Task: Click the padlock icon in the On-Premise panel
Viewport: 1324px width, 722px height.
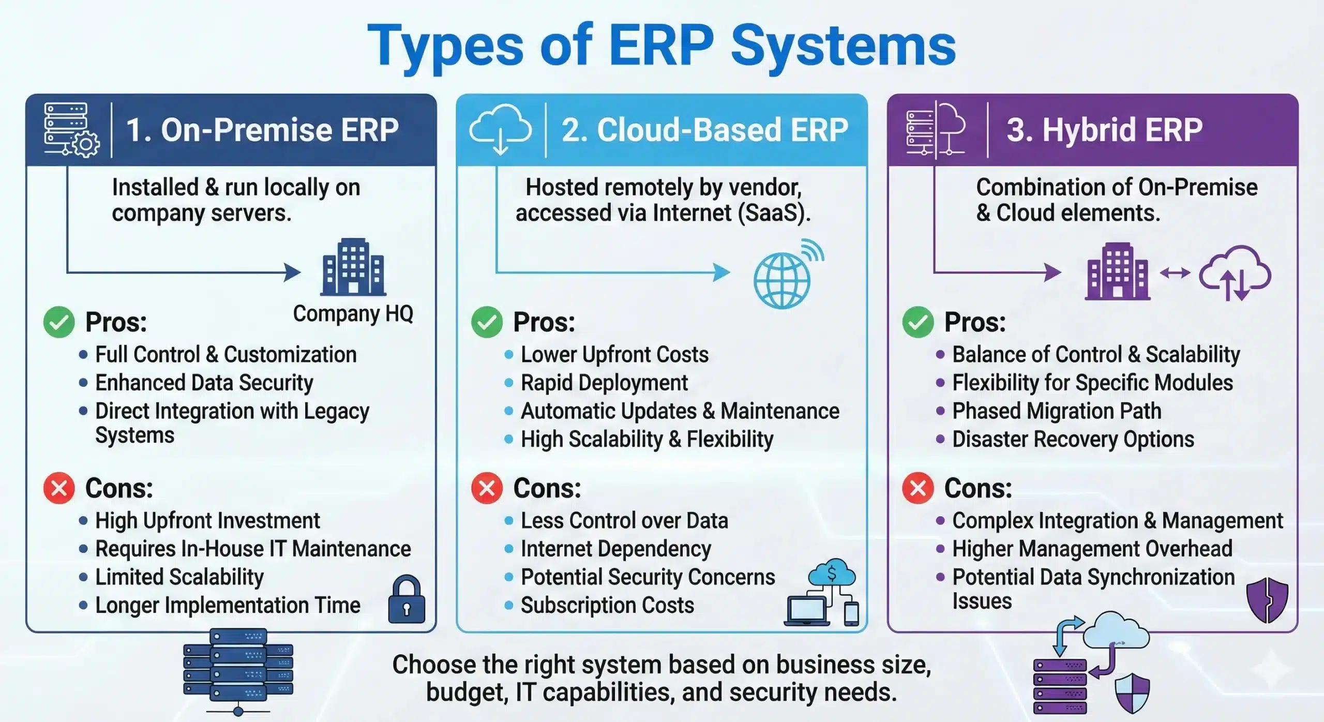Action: coord(407,600)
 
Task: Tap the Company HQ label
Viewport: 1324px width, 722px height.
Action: coord(353,313)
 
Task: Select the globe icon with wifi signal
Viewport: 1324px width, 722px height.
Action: coord(786,275)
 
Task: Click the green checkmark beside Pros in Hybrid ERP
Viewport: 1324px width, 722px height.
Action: coord(918,322)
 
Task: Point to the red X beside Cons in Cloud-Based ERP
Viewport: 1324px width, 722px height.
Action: coord(487,488)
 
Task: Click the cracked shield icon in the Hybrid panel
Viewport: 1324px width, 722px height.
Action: coord(1267,600)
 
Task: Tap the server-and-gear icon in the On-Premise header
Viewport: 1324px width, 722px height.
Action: coord(71,129)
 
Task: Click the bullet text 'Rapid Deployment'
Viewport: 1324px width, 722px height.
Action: coord(604,383)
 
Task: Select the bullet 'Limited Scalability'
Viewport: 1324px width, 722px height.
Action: coord(179,577)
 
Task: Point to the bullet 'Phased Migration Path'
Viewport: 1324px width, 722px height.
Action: coord(1057,411)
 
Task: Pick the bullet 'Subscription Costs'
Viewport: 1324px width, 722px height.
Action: coord(607,605)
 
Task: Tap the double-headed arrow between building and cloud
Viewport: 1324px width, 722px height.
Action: coord(1175,273)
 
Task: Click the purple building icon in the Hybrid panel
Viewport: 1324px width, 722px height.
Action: coord(1117,272)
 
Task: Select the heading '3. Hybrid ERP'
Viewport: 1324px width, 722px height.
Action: coord(1104,129)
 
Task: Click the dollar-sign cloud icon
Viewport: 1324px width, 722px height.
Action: coord(832,573)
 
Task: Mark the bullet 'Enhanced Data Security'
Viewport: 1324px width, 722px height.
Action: coord(204,383)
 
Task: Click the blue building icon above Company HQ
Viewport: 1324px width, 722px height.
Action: coord(353,267)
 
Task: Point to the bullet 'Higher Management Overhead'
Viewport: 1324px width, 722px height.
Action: coord(1092,549)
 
